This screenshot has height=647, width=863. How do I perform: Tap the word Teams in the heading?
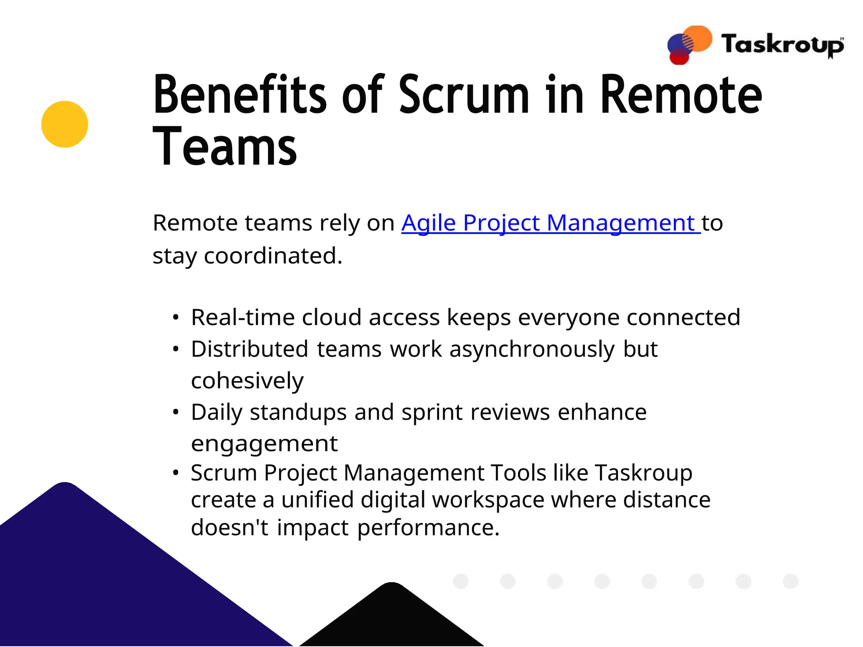pyautogui.click(x=225, y=147)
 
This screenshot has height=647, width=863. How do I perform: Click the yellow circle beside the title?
pyautogui.click(x=64, y=124)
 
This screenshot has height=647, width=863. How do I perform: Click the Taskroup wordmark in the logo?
pyautogui.click(x=782, y=45)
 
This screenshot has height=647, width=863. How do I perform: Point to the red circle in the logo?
pyautogui.click(x=679, y=58)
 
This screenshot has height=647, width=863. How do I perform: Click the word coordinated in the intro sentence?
pyautogui.click(x=273, y=255)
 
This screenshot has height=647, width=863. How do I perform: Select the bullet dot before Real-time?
pyautogui.click(x=176, y=317)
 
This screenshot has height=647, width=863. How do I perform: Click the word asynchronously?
pyautogui.click(x=532, y=349)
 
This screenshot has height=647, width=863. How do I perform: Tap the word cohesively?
pyautogui.click(x=247, y=381)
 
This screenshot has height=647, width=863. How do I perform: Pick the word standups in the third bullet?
pyautogui.click(x=298, y=412)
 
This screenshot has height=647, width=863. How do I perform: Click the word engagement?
pyautogui.click(x=264, y=443)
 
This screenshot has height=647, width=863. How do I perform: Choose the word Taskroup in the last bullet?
pyautogui.click(x=643, y=472)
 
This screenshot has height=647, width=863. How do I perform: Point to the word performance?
pyautogui.click(x=428, y=527)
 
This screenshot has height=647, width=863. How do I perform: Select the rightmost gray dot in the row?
pyautogui.click(x=790, y=581)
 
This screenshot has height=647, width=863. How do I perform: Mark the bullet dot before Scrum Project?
pyautogui.click(x=176, y=473)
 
